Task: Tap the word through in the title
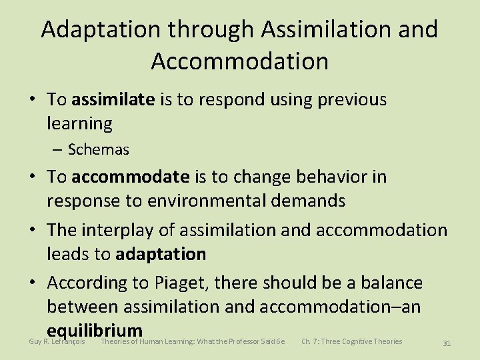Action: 213,30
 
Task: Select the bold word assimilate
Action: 113,99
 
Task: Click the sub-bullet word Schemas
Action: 99,149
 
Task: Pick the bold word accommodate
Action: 131,177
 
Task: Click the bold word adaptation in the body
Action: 161,254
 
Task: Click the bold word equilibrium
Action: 95,330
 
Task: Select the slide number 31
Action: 447,343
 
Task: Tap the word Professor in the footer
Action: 245,341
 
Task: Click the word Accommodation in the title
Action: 239,61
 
